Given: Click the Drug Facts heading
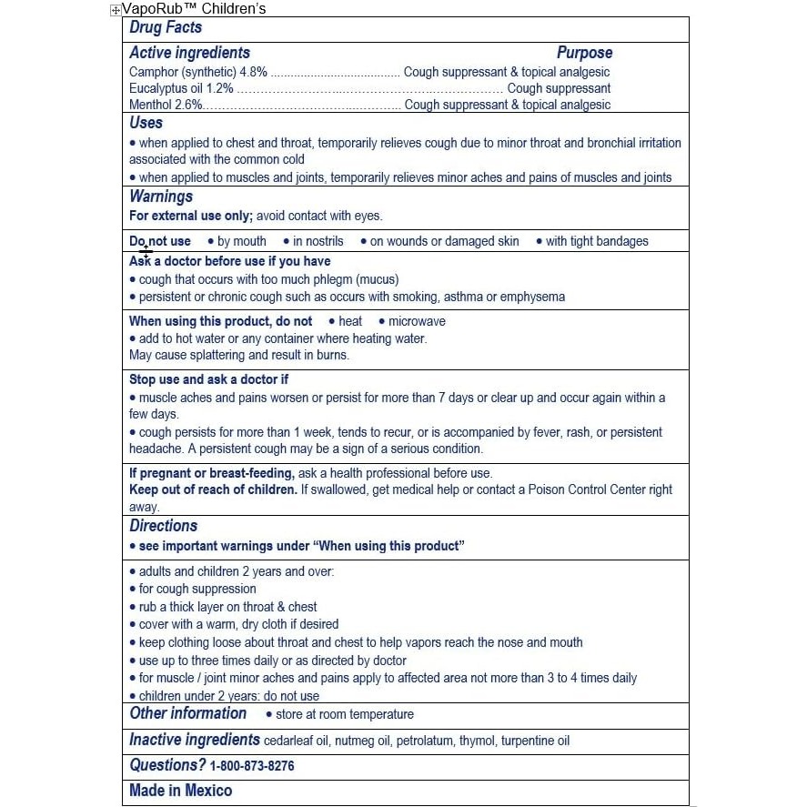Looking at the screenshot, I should pos(166,28).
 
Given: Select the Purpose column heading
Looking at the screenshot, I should pos(584,53).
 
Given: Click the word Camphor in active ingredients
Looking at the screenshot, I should pos(154,72).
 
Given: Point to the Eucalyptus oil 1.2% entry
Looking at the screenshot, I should pos(181,88).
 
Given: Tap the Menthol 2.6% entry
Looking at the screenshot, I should pos(165,105).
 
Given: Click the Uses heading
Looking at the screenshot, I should pos(146,123).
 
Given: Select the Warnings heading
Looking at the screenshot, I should pos(161,197).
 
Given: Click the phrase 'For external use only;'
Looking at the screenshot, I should pos(191,216).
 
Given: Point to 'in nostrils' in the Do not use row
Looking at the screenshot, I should pos(318,241).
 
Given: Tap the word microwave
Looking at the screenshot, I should pos(417,321).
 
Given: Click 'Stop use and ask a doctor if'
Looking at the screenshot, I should pos(208,379).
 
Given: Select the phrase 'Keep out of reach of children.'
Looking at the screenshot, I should pos(213,489).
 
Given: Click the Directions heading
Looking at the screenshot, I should pos(163,526).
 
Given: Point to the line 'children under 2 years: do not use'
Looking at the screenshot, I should pos(228,696).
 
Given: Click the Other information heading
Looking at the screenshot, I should pos(187,713).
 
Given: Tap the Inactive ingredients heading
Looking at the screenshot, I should pos(194,740).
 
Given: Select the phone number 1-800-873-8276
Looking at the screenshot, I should pos(252,766).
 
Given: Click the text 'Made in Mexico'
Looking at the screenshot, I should pos(180,791).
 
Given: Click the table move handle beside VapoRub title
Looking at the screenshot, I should pos(115,10).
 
